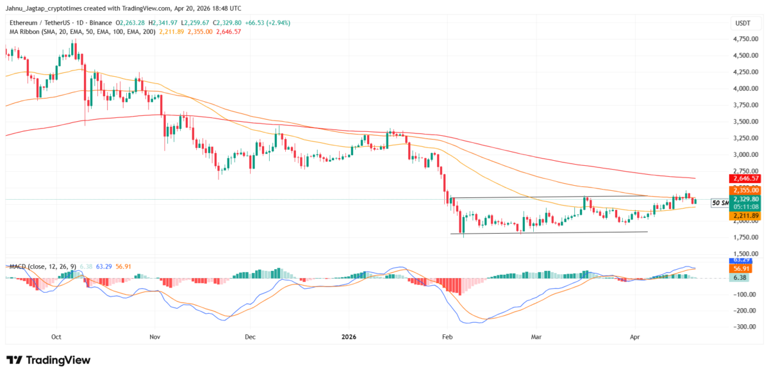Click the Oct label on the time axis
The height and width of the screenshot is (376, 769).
pyautogui.click(x=56, y=336)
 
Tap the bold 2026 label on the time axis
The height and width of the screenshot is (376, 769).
pyautogui.click(x=349, y=336)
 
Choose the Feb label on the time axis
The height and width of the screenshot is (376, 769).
pyautogui.click(x=446, y=336)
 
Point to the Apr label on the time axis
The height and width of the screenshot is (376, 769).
pyautogui.click(x=635, y=336)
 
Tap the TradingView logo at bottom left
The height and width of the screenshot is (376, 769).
pyautogui.click(x=48, y=360)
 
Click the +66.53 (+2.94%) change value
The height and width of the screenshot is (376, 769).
pyautogui.click(x=267, y=22)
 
